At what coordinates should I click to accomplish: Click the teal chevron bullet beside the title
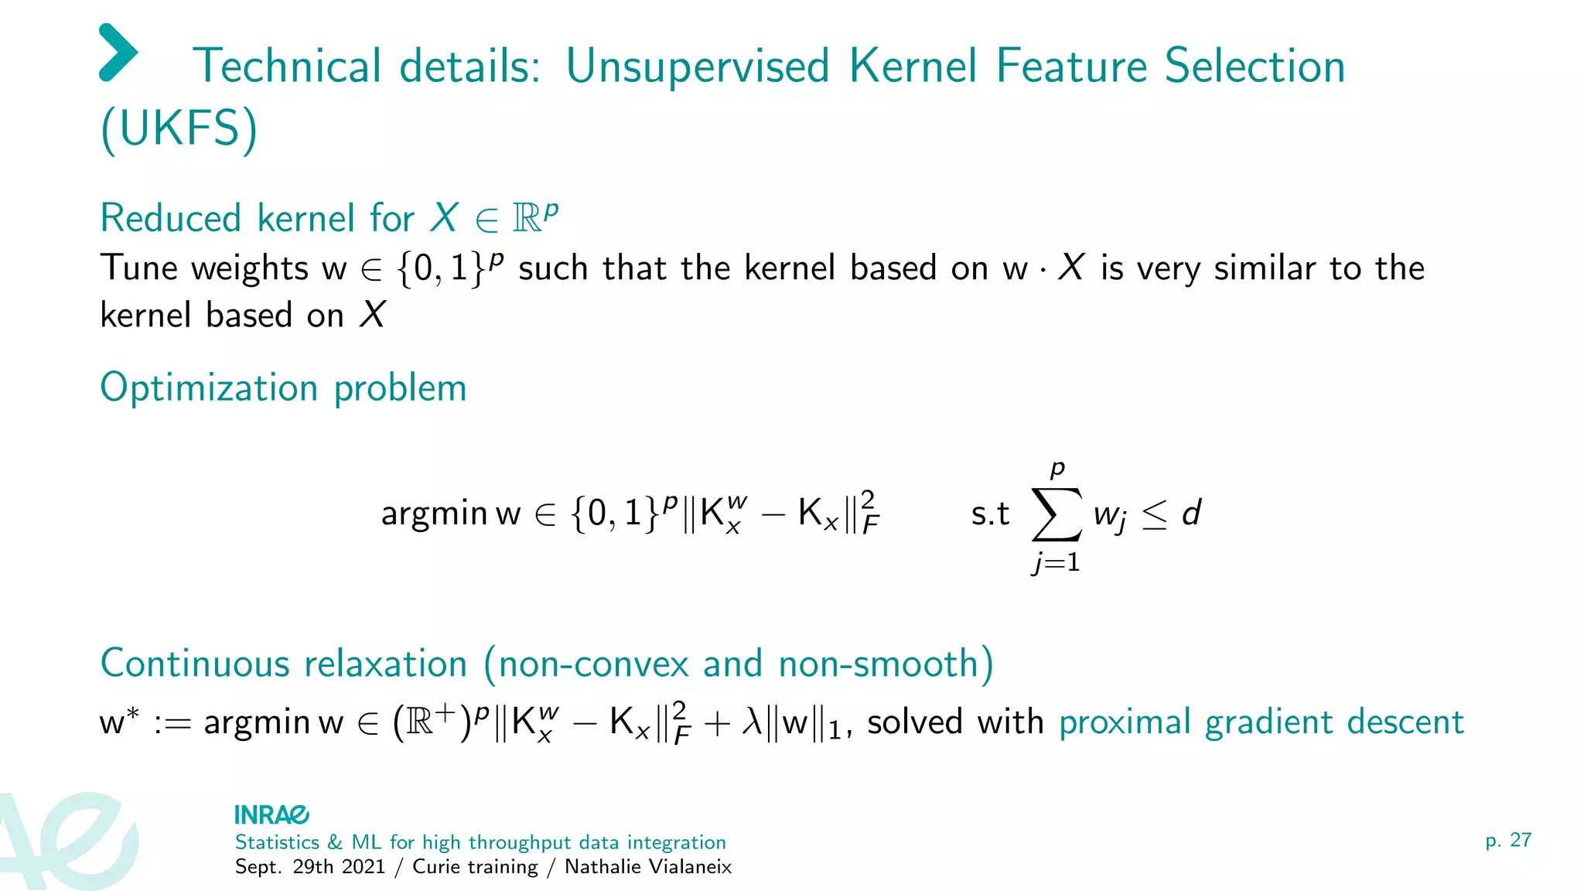pos(118,53)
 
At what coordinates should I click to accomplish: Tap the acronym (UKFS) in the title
pos(179,128)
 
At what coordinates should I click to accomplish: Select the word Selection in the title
pos(1255,67)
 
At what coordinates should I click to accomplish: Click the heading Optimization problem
pos(283,387)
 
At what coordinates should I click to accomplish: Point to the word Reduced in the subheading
pos(171,218)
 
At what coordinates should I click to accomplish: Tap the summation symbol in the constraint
pos(1057,514)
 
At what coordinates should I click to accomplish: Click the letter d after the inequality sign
pos(1191,513)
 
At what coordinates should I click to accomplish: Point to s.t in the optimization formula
pos(990,514)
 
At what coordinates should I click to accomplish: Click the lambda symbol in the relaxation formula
pos(753,722)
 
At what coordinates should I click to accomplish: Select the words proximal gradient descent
pos(1261,722)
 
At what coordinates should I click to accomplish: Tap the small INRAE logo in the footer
pos(271,815)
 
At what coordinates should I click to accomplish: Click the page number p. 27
pos(1507,840)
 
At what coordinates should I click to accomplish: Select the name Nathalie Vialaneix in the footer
pos(647,867)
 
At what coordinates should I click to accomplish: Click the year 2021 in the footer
pos(363,867)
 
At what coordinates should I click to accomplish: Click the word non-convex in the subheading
pos(593,664)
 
